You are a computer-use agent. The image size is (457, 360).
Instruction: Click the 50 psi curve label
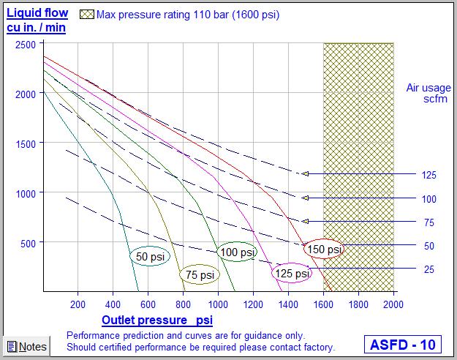(149, 257)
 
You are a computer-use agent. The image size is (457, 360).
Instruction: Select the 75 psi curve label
(199, 275)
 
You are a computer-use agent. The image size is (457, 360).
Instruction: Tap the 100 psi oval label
(238, 252)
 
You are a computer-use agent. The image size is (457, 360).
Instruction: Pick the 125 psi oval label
(291, 274)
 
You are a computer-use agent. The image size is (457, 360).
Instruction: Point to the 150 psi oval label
(324, 250)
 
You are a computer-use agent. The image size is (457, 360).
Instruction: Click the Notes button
(26, 346)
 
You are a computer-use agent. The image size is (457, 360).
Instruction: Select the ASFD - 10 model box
(403, 344)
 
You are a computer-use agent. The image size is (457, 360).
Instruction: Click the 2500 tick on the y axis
(25, 45)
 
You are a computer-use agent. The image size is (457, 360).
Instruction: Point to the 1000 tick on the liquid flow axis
(25, 192)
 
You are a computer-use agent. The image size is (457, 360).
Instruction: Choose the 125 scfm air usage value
(428, 175)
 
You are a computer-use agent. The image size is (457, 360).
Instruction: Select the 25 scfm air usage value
(428, 269)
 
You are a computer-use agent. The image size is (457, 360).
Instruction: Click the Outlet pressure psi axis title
(157, 320)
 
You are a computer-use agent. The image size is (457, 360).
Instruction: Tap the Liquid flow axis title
(37, 20)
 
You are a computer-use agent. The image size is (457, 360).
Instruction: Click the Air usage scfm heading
(428, 94)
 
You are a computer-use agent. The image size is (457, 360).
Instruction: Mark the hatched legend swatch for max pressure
(87, 14)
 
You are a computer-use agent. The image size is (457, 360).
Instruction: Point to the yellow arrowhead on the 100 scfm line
(305, 198)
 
